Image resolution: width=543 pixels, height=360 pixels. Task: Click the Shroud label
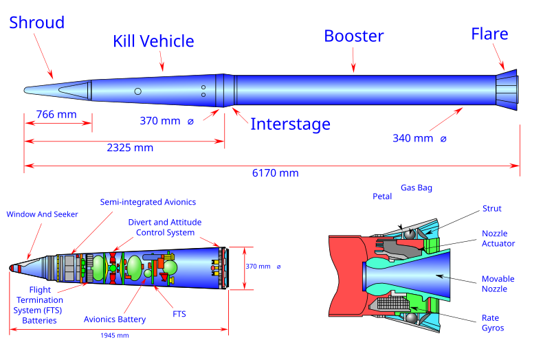37,23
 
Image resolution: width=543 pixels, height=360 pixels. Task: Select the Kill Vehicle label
153,42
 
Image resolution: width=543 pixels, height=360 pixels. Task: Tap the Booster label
354,36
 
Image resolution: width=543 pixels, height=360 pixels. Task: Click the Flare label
489,34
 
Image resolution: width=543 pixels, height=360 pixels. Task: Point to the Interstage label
290,124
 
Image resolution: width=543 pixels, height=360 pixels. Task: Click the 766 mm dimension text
56,114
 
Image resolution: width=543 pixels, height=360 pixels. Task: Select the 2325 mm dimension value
130,148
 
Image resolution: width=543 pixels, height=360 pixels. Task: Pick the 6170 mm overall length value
275,173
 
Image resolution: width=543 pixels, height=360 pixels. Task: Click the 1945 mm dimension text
114,335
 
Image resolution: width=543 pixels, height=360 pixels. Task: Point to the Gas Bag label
417,188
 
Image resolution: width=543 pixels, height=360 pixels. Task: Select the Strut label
491,208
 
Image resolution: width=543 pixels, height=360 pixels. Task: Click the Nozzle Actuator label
498,238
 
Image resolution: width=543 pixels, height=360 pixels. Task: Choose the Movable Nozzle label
498,284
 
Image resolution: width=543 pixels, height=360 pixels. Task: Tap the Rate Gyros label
492,323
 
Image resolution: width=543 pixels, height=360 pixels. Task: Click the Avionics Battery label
115,319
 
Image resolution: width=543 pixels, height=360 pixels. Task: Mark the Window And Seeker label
43,214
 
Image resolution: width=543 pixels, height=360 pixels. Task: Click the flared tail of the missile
507,89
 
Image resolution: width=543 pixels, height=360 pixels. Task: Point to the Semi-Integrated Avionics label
148,202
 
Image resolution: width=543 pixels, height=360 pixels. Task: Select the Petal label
382,196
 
